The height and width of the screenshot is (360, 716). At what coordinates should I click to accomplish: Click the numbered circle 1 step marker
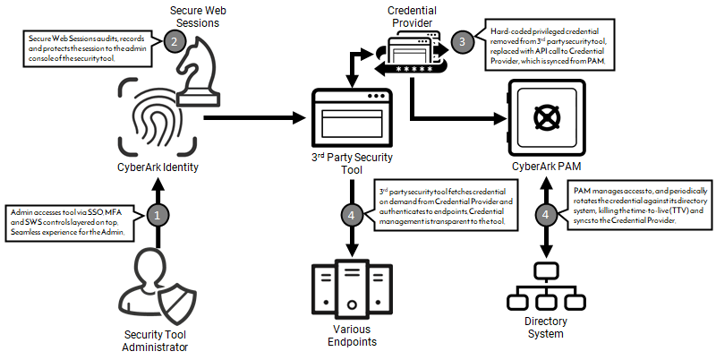158,216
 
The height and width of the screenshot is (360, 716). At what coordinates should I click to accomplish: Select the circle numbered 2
176,40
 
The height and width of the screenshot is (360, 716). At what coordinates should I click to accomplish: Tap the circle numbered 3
462,39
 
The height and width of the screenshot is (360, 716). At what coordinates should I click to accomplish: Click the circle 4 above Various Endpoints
354,216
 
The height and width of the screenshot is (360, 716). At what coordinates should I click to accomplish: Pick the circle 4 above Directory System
547,216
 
